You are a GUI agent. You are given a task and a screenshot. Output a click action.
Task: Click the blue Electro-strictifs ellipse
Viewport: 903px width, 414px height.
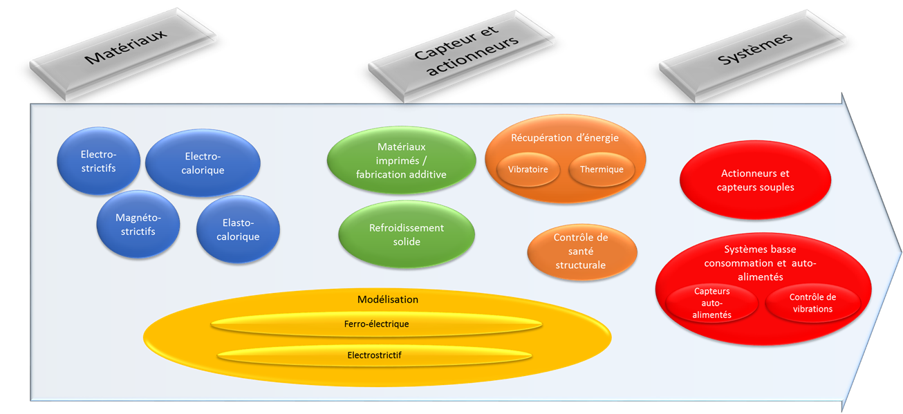tap(98, 160)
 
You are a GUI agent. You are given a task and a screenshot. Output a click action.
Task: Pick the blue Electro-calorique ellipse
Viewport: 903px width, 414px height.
tap(203, 163)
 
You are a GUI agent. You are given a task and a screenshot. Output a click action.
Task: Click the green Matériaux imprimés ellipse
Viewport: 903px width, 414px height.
tap(401, 161)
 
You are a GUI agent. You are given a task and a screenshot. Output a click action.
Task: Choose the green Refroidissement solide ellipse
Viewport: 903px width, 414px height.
tap(407, 234)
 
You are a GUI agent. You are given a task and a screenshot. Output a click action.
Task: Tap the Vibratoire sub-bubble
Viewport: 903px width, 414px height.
tap(528, 169)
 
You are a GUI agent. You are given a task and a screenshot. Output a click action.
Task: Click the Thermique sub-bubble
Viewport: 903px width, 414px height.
tap(602, 169)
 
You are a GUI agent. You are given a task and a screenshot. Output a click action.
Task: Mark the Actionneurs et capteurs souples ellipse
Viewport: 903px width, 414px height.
tap(755, 180)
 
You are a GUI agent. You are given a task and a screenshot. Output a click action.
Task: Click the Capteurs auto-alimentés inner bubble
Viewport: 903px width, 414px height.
tap(712, 303)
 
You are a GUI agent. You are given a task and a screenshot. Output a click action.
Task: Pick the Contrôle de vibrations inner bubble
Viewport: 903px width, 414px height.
tap(812, 303)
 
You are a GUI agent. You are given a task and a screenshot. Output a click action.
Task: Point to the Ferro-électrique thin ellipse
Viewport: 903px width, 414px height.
tap(376, 323)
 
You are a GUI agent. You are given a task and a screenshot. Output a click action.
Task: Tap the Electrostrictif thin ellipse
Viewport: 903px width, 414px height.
tap(374, 355)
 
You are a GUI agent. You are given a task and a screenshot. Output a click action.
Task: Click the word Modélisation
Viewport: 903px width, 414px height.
tap(387, 299)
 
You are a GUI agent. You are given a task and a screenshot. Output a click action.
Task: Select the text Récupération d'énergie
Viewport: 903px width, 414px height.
tap(565, 138)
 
